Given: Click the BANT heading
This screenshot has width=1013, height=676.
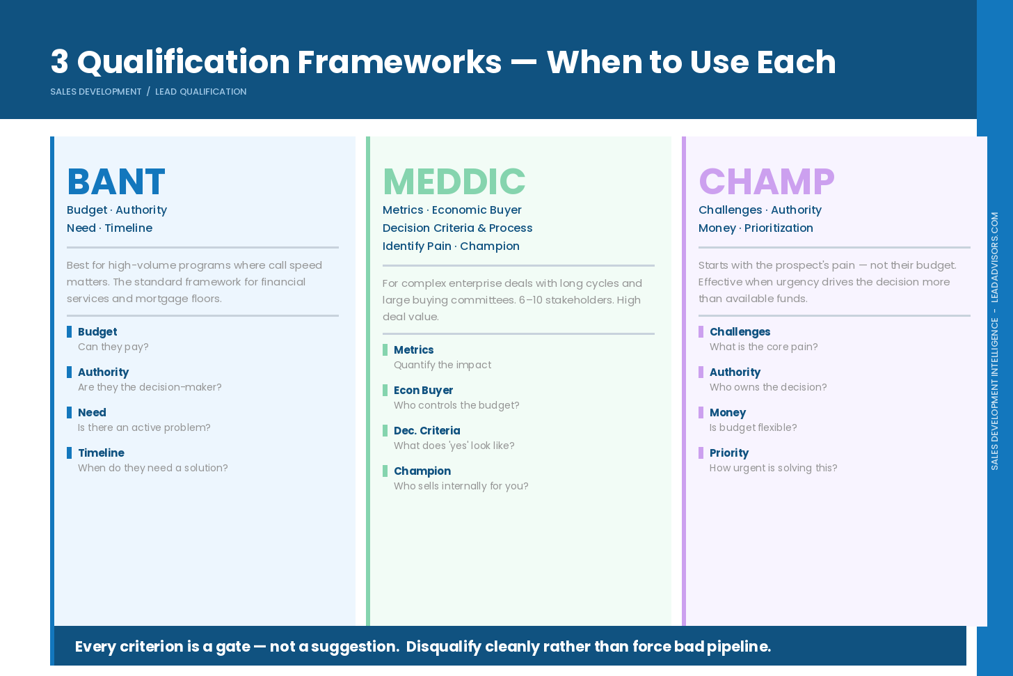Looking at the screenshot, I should pyautogui.click(x=115, y=182).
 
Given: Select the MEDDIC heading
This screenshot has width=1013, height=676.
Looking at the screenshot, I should pyautogui.click(x=454, y=182).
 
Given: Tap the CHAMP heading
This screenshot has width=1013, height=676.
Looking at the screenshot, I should pyautogui.click(x=766, y=182).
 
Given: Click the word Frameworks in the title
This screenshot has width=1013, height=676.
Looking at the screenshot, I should pyautogui.click(x=399, y=62).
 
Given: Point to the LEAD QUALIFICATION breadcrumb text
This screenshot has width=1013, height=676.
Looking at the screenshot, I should pyautogui.click(x=200, y=92).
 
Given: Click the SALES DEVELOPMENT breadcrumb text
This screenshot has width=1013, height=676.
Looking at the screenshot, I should pyautogui.click(x=95, y=92).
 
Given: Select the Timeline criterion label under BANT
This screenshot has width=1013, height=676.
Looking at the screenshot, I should pyautogui.click(x=101, y=453).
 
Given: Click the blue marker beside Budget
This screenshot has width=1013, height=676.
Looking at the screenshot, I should pyautogui.click(x=70, y=332).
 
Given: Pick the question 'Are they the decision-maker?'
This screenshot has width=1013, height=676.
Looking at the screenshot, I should pyautogui.click(x=150, y=388).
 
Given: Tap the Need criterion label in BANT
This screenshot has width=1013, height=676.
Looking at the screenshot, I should pyautogui.click(x=92, y=413).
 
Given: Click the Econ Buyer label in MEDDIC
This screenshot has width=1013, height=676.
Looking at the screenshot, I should pyautogui.click(x=423, y=391).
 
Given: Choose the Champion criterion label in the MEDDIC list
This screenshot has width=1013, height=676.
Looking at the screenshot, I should pyautogui.click(x=422, y=471).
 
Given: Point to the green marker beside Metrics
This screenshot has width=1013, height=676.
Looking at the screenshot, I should pyautogui.click(x=385, y=350).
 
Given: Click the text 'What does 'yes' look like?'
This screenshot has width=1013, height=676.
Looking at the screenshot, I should pyautogui.click(x=454, y=446).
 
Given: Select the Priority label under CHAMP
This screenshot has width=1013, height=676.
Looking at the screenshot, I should pyautogui.click(x=728, y=453).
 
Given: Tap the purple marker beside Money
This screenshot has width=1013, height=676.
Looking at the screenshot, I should pyautogui.click(x=701, y=413).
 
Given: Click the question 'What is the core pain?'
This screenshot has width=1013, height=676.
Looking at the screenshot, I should pyautogui.click(x=763, y=347).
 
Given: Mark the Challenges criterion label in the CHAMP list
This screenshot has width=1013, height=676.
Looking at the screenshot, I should pyautogui.click(x=740, y=332).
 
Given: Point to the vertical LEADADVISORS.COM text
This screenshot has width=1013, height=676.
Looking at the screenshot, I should pyautogui.click(x=995, y=257).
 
